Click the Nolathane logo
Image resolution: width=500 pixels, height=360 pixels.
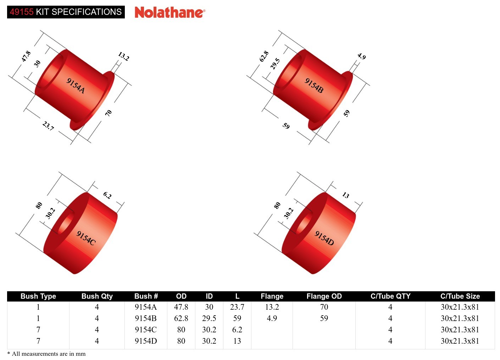coord(170,12)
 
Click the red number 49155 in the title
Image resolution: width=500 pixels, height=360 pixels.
coord(22,12)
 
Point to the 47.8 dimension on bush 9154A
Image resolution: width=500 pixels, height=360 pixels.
coord(26,56)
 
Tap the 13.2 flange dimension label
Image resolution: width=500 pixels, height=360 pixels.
coord(123,56)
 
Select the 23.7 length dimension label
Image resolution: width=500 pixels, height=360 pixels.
coord(48,126)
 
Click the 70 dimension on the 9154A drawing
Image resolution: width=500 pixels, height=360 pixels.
coord(109,113)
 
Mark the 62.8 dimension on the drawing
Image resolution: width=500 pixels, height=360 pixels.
coord(264,56)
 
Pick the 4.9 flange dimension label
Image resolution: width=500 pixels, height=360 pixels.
coord(361,56)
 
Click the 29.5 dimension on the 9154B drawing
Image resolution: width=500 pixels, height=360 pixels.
coord(275,64)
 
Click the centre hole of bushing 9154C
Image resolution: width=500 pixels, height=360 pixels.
coord(66,223)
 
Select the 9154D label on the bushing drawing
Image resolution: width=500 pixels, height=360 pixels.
coord(324,238)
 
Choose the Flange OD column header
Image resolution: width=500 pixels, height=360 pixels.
coord(324,296)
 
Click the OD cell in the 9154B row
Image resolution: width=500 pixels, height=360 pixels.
coord(181,318)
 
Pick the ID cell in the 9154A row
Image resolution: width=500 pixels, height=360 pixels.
coord(209,307)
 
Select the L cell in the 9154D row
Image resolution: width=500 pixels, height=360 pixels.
coord(237,341)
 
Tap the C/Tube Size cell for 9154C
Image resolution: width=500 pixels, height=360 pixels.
coord(460,330)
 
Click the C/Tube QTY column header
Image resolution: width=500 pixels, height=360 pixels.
coord(390,296)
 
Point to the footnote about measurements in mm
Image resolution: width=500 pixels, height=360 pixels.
coord(46,354)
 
